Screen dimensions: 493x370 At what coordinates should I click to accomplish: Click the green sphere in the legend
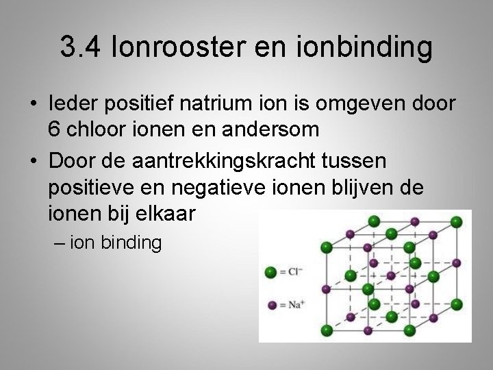tap(270, 272)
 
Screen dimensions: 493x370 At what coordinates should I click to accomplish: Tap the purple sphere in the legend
tap(271, 304)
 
